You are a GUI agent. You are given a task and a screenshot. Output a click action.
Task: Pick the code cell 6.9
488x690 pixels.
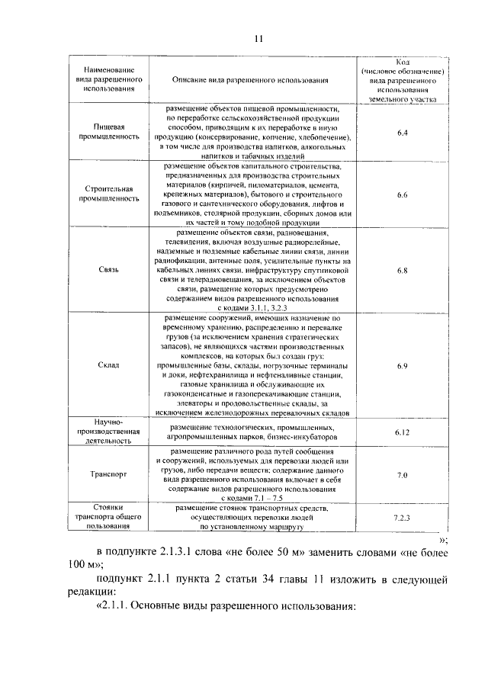403,365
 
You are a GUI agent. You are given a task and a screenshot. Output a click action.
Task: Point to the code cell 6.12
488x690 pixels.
403,432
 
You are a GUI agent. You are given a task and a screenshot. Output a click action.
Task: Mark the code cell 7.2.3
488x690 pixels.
403,518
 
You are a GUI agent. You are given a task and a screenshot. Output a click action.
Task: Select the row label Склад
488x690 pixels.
109,365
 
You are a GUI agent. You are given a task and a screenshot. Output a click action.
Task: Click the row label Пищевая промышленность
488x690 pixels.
109,132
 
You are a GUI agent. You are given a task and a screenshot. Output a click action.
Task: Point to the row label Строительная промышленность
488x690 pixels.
109,194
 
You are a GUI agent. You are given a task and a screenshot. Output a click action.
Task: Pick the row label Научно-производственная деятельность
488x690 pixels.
109,431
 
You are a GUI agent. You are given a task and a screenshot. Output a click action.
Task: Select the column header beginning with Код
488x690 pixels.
403,79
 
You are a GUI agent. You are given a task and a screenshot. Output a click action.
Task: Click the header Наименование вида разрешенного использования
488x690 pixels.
109,79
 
